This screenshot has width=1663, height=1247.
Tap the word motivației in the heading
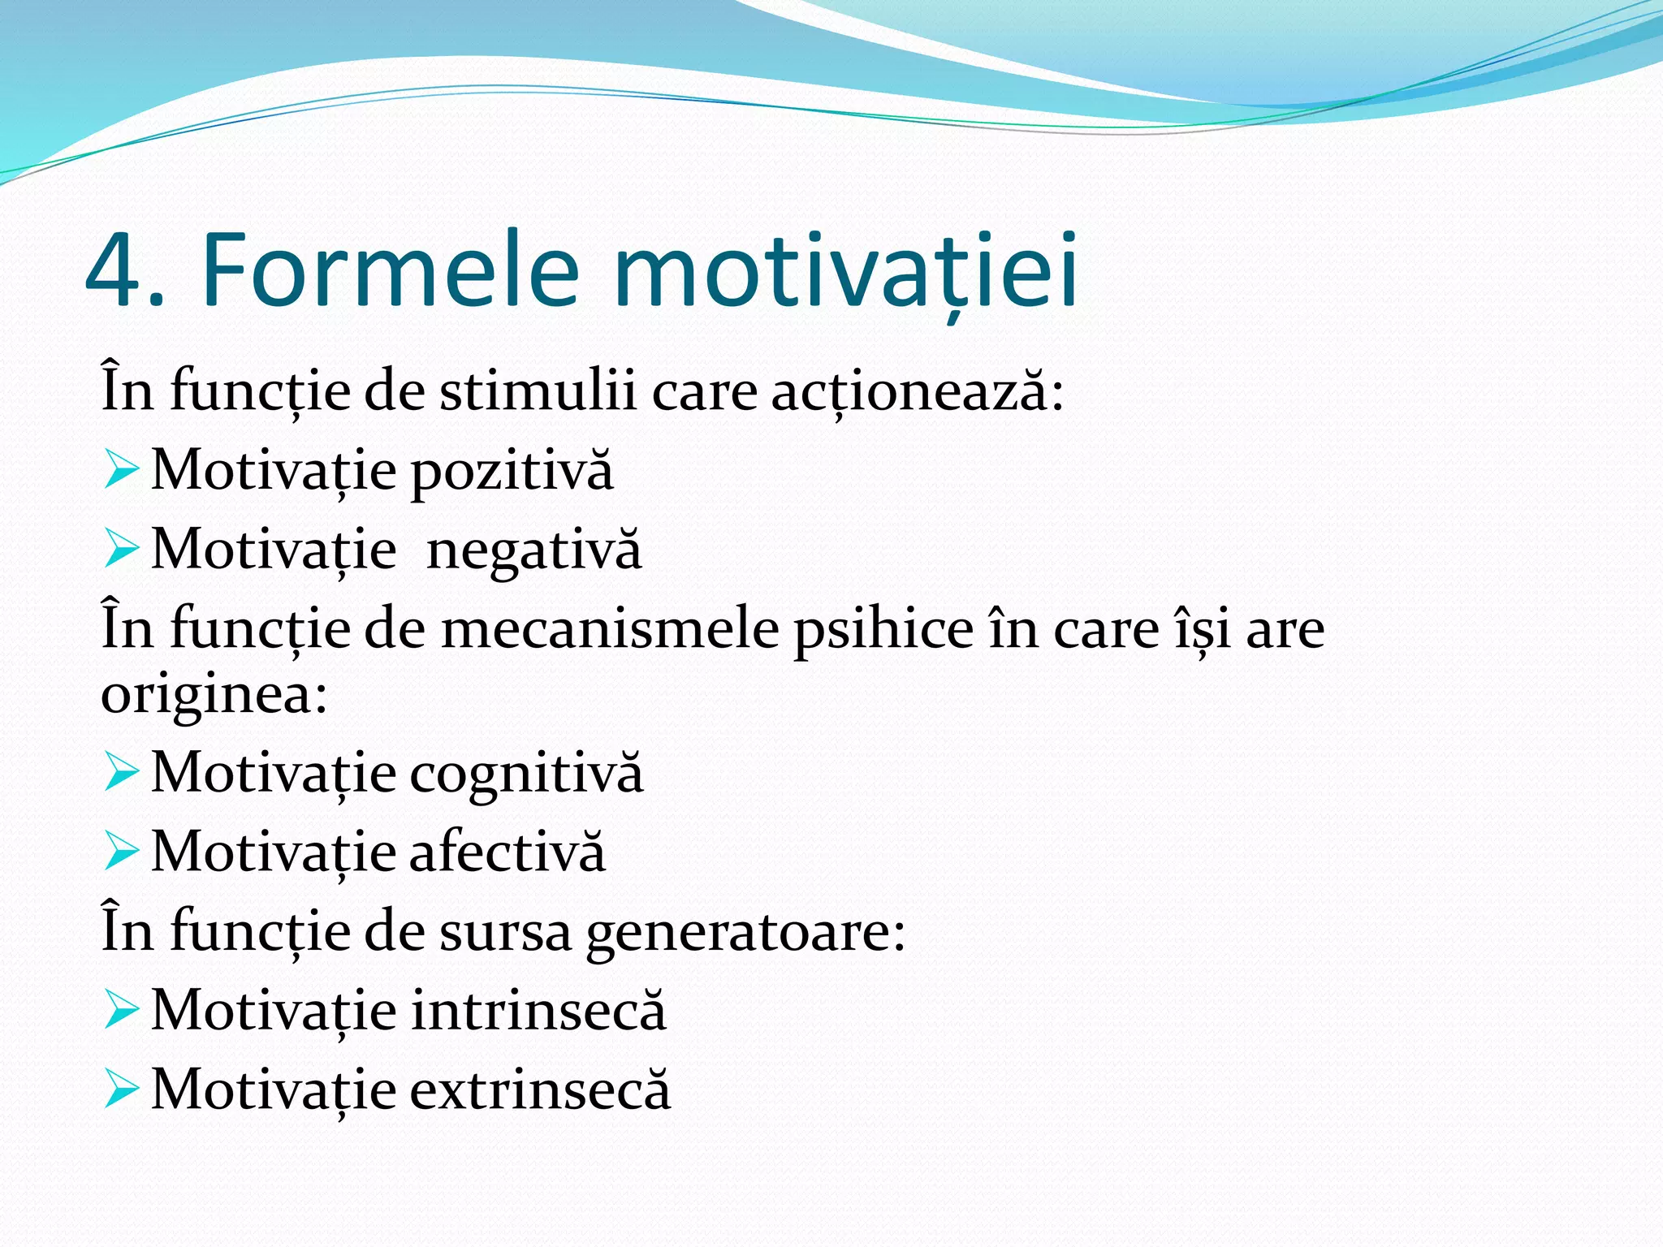click(x=845, y=272)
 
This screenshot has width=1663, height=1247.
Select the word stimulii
click(x=538, y=392)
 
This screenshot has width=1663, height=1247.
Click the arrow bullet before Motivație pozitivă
click(x=121, y=471)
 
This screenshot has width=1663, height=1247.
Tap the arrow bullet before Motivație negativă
click(x=121, y=550)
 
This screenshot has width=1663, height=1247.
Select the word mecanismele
click(x=609, y=630)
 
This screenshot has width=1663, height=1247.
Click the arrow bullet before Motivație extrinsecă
click(x=121, y=1090)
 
